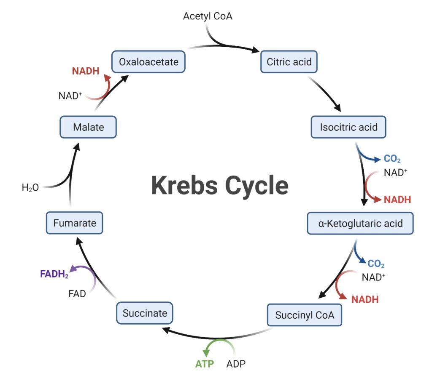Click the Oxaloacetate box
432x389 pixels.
(148, 62)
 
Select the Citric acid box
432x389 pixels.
(289, 62)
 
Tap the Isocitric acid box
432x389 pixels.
(348, 127)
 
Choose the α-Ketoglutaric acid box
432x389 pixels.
(360, 223)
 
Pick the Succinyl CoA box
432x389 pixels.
(305, 315)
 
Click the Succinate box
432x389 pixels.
(145, 313)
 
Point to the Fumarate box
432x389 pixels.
(75, 223)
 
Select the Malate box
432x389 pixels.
(88, 127)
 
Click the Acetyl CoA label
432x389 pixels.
(208, 16)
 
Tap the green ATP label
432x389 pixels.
(205, 363)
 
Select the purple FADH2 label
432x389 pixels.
(54, 274)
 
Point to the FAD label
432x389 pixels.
(77, 293)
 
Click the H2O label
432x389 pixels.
(30, 188)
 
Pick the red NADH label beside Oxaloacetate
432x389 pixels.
(86, 71)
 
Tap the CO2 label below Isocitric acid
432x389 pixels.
(392, 160)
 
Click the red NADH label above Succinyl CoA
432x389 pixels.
(365, 299)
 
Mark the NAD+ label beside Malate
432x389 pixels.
(70, 96)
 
